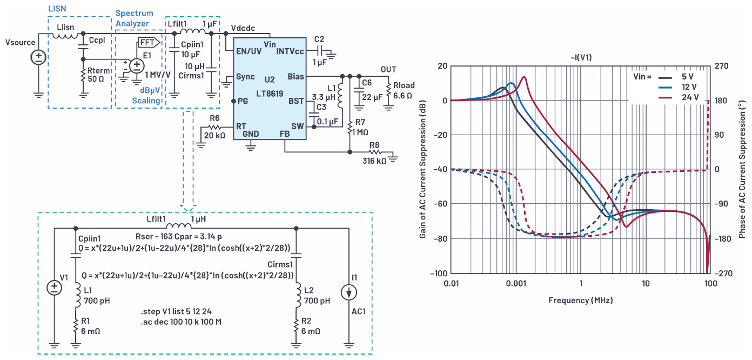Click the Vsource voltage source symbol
[x=38, y=57]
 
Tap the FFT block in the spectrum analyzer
[x=149, y=43]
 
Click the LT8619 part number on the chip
[x=270, y=94]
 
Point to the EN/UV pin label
[x=249, y=51]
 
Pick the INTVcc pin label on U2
[x=290, y=51]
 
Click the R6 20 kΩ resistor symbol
[x=215, y=127]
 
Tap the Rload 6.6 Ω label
[x=404, y=91]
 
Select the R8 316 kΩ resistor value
[x=374, y=161]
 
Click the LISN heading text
[x=57, y=9]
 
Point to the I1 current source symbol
[x=349, y=292]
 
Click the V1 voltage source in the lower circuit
[x=55, y=288]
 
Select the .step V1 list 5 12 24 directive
[x=176, y=311]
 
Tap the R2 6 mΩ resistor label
[x=311, y=326]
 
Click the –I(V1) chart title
[x=581, y=57]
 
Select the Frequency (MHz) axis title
[x=580, y=300]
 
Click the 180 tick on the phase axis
[x=721, y=101]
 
